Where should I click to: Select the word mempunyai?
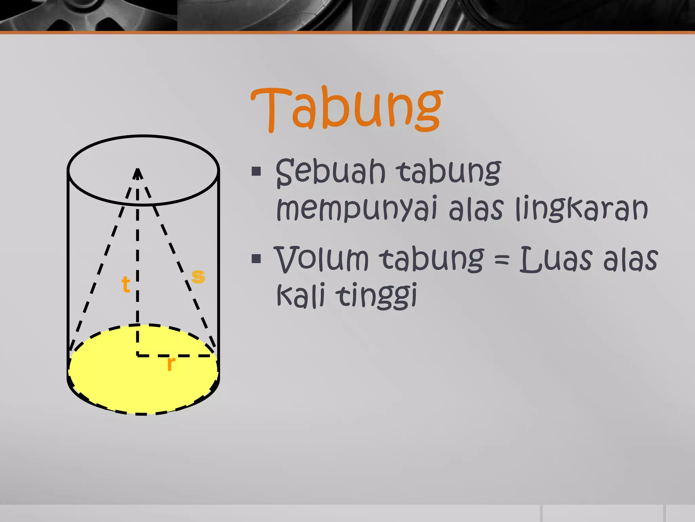coord(356,209)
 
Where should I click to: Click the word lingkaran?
coord(582,208)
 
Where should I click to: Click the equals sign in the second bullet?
coord(502,260)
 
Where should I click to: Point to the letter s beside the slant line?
coord(198,276)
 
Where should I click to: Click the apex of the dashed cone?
coord(137,170)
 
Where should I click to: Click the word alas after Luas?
coord(630,260)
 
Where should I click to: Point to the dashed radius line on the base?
coord(190,356)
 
